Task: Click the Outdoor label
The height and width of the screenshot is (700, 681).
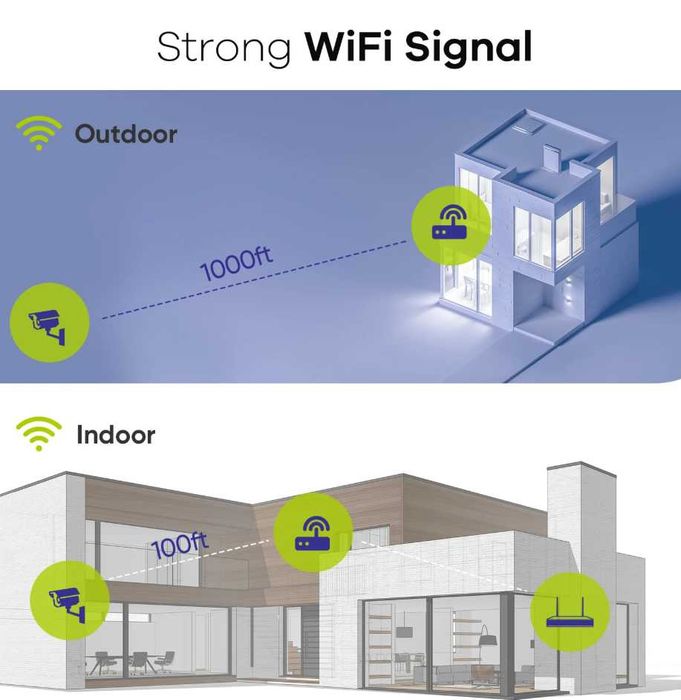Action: pos(125,134)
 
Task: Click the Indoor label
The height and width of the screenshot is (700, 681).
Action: pos(116,434)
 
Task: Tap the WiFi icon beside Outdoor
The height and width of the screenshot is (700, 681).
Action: pos(39,133)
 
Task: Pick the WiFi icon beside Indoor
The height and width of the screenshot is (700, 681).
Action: pos(39,433)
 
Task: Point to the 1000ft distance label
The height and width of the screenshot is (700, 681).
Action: pos(236,264)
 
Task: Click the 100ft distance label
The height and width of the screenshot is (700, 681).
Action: pos(180,546)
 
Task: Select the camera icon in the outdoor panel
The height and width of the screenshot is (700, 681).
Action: pos(50,322)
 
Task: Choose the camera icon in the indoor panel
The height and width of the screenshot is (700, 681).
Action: pos(70,600)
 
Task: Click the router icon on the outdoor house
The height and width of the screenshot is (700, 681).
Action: pos(451,226)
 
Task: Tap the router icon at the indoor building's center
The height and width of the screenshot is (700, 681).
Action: pos(313,532)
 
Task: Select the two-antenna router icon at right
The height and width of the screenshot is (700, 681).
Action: pos(570,612)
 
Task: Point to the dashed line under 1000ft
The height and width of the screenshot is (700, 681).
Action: pos(255,279)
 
